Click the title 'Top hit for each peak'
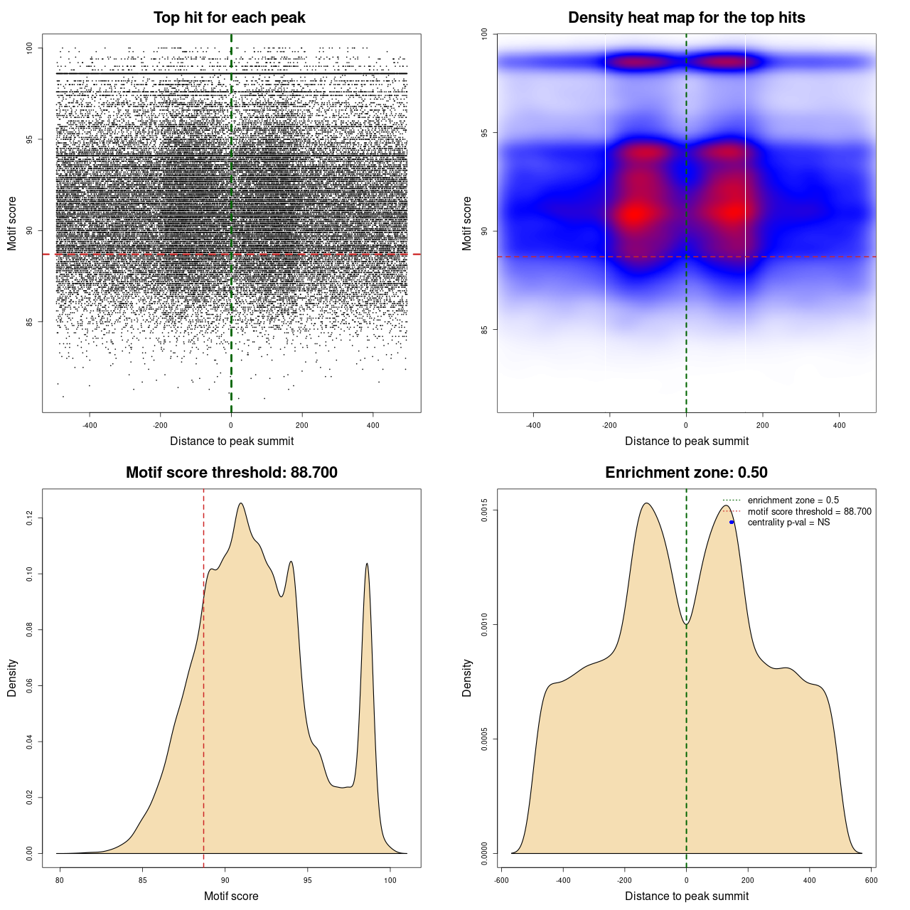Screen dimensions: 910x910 229,18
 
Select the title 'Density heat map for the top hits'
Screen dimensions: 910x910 686,18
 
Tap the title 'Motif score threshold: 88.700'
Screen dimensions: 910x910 231,473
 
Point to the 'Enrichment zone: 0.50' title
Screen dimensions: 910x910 686,473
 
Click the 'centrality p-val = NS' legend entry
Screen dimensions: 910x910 788,523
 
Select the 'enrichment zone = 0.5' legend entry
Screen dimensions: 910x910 793,500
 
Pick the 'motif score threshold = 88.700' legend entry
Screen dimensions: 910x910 809,512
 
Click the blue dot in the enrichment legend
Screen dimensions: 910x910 732,523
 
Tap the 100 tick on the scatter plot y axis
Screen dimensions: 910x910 30,48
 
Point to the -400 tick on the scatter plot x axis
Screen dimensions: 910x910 90,425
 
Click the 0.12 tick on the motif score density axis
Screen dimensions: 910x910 30,519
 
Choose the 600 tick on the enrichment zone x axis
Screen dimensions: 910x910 871,880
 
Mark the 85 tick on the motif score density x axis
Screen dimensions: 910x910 142,880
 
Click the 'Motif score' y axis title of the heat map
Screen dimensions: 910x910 466,223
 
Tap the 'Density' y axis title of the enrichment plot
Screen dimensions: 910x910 466,678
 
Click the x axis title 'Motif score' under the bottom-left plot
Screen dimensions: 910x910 231,896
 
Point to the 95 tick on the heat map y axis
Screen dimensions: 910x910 485,133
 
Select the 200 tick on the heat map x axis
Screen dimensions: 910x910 762,425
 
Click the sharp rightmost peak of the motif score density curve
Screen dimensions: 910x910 367,564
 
